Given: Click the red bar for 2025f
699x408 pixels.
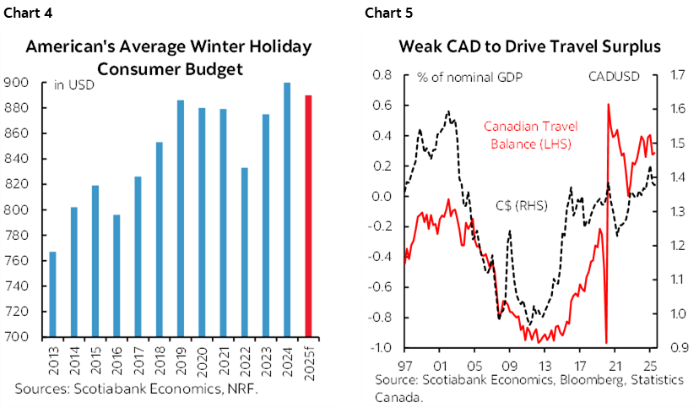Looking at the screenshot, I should pyautogui.click(x=308, y=215).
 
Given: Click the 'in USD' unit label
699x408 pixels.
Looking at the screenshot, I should pyautogui.click(x=73, y=84).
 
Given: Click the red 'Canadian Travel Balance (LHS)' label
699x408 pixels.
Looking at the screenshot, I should pyautogui.click(x=528, y=135).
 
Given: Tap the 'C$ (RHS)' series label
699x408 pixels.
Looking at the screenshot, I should pyautogui.click(x=518, y=205).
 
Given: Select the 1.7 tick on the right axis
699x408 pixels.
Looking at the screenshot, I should pyautogui.click(x=672, y=75).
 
